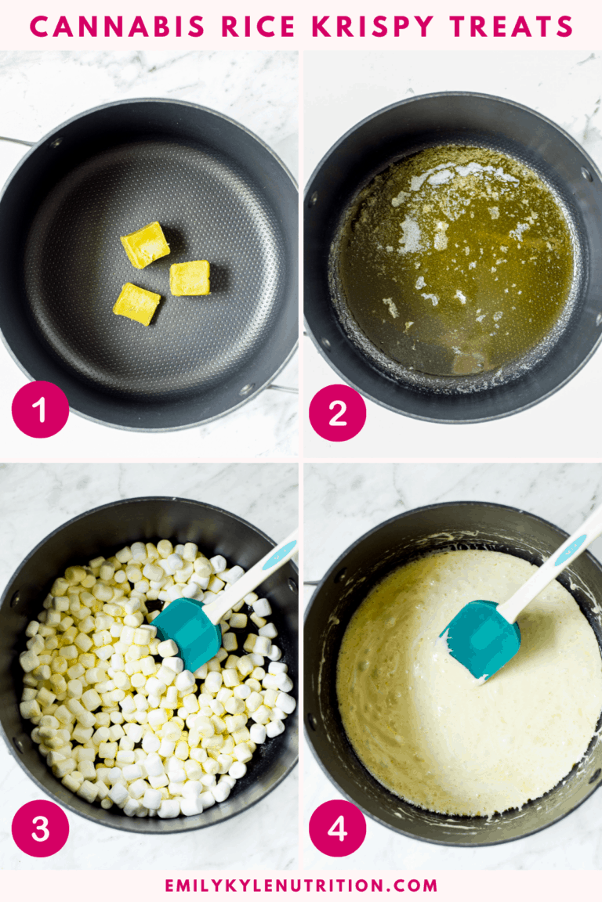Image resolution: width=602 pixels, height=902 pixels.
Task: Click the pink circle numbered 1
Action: point(40,410)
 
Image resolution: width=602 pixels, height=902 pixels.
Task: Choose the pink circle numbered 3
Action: point(40,828)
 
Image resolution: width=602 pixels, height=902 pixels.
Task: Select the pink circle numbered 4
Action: point(337,828)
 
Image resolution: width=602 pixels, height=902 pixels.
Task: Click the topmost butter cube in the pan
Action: point(144,244)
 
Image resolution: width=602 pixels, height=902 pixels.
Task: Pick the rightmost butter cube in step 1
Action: point(190,278)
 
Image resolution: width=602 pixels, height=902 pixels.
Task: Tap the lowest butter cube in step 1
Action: point(136,304)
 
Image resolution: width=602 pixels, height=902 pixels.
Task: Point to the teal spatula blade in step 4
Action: point(480,638)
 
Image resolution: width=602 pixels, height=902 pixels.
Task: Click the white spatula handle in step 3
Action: point(251,575)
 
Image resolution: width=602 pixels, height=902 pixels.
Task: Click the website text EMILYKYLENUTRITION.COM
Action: point(301,886)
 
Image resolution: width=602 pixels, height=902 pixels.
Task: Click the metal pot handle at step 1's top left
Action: point(16,142)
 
